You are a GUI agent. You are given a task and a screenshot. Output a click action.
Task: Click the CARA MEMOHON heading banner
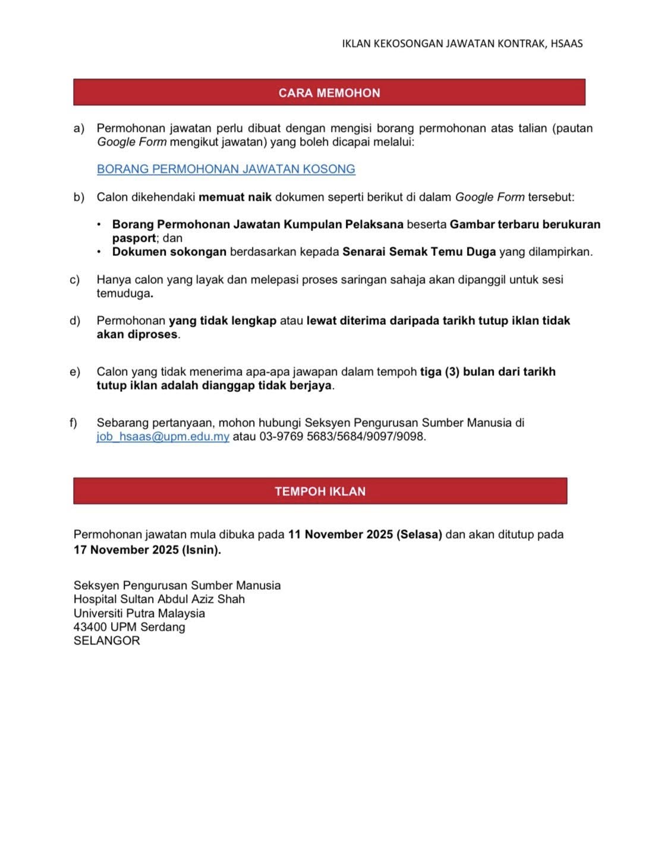click(329, 93)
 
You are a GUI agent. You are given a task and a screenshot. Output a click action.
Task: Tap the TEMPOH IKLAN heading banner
click(320, 491)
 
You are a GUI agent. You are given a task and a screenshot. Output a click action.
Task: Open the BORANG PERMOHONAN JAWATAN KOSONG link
click(226, 169)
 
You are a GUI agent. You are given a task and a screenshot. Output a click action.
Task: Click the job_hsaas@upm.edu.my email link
click(163, 437)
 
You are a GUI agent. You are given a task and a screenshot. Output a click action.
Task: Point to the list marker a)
click(78, 128)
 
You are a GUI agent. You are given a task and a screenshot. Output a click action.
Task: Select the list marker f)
click(74, 423)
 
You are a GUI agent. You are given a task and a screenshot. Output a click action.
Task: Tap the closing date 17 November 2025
click(126, 550)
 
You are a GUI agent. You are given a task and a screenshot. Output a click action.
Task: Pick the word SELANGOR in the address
click(107, 641)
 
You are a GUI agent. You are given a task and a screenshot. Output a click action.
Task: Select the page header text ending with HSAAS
click(462, 43)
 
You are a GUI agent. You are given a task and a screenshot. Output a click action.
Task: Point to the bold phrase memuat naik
click(235, 197)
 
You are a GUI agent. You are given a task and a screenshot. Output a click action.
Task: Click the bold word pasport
click(134, 238)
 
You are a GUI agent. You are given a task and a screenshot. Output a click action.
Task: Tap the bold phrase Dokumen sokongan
click(169, 252)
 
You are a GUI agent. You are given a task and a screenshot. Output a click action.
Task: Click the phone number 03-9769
click(281, 437)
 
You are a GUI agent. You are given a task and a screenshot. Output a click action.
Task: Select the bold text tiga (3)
click(440, 372)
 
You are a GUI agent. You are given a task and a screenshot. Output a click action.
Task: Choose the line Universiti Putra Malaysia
click(139, 614)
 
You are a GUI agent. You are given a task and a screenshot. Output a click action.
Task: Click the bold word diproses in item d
click(153, 334)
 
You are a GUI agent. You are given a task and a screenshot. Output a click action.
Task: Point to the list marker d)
click(75, 321)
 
